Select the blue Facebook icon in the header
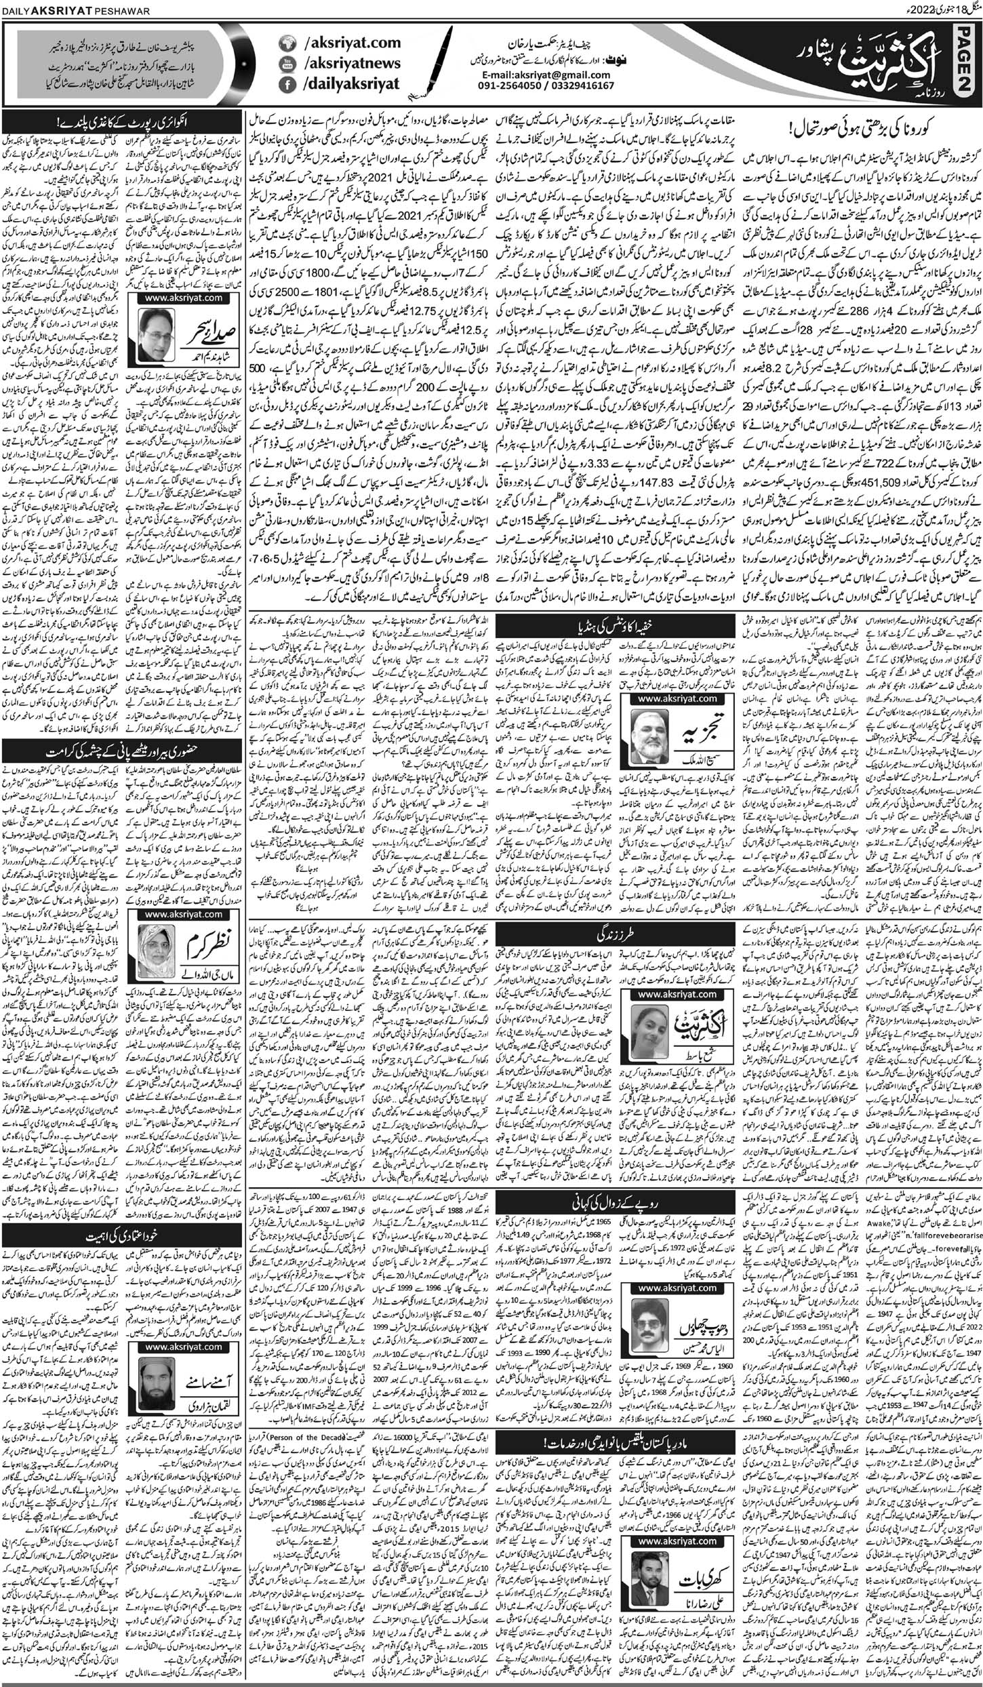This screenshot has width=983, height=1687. [287, 85]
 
